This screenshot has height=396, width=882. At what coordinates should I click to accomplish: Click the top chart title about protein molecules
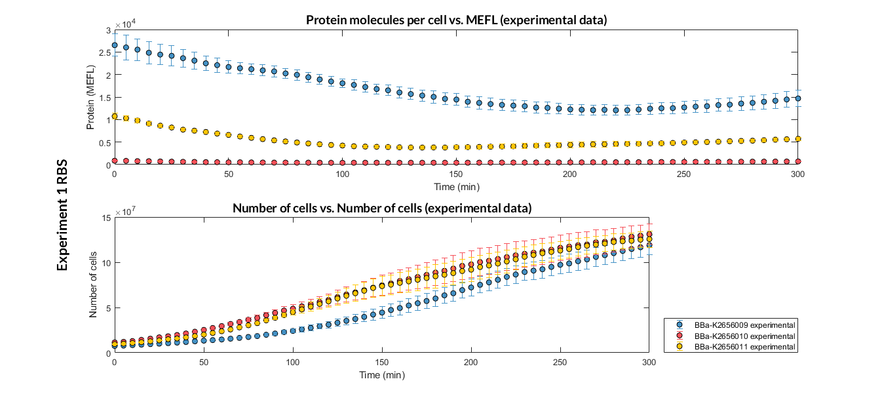click(x=456, y=20)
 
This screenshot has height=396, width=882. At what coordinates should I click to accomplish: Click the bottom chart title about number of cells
click(x=381, y=208)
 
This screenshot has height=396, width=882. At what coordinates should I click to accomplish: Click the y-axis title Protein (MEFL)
click(x=92, y=97)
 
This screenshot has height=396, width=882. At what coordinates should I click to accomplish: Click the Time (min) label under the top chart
click(x=456, y=187)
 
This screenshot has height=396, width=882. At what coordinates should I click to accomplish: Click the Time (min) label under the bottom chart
click(x=381, y=376)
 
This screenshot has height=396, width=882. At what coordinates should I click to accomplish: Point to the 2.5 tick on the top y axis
click(x=105, y=52)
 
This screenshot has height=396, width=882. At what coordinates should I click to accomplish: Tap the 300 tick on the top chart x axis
click(x=798, y=174)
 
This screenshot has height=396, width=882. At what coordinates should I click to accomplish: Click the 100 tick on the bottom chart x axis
click(x=292, y=362)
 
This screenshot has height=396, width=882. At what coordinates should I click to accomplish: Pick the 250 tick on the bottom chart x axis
click(x=560, y=362)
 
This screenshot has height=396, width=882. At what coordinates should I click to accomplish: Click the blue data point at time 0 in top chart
click(x=115, y=45)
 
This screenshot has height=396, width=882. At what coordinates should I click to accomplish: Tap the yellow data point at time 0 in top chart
click(x=115, y=116)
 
